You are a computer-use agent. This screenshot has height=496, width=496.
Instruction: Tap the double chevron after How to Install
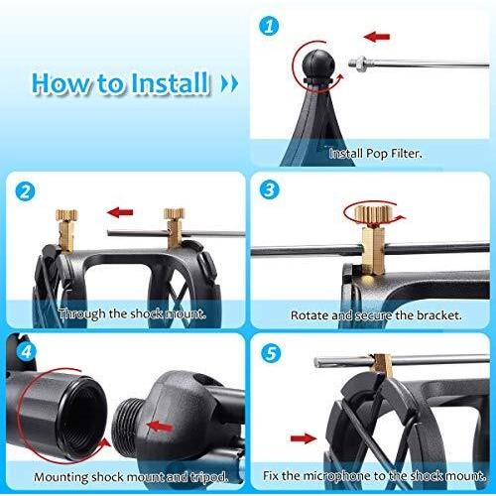tap(229, 82)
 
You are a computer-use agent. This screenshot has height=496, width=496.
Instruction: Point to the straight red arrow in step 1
tap(377, 37)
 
